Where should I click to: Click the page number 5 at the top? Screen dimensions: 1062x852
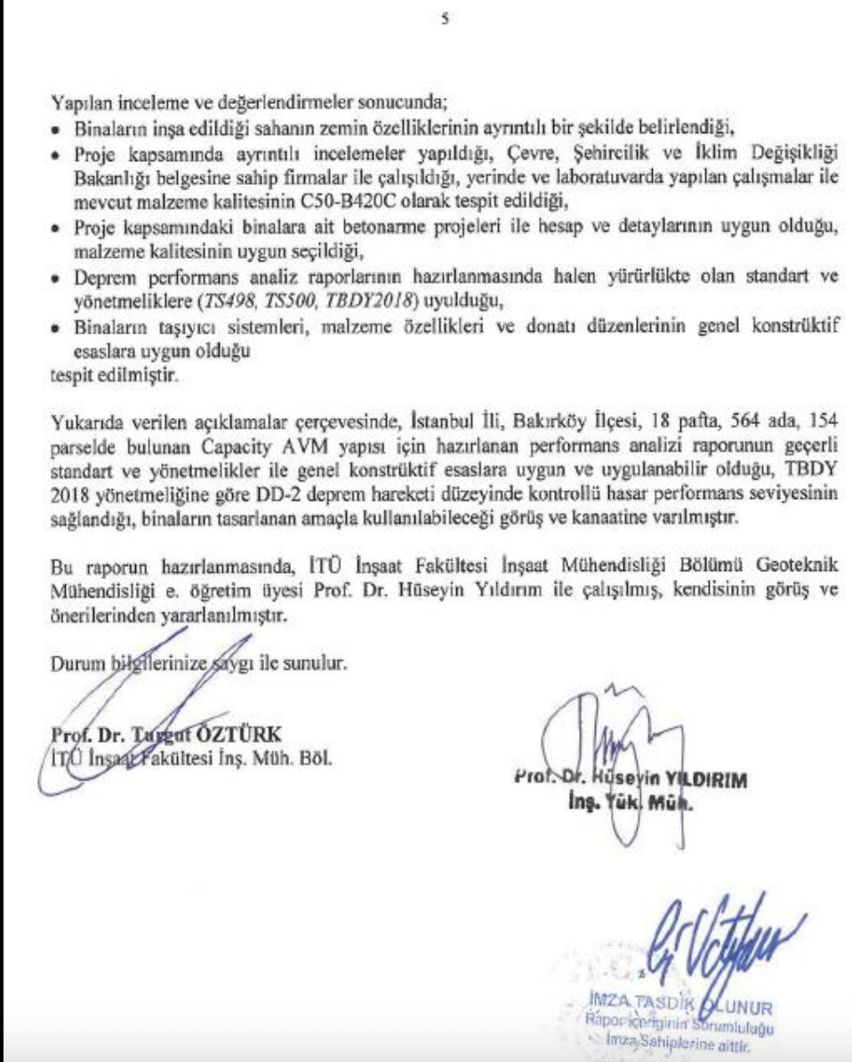pos(443,20)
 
